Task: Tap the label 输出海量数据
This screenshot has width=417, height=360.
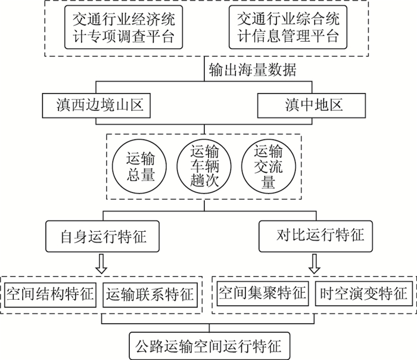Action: pos(253,70)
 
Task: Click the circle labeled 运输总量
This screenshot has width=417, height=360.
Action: pos(141,166)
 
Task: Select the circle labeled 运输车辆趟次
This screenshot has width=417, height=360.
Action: pos(204,166)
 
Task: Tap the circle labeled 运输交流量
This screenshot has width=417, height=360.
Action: pos(268,166)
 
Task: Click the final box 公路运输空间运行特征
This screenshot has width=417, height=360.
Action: pos(209,345)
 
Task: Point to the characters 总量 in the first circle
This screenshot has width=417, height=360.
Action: pos(141,175)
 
